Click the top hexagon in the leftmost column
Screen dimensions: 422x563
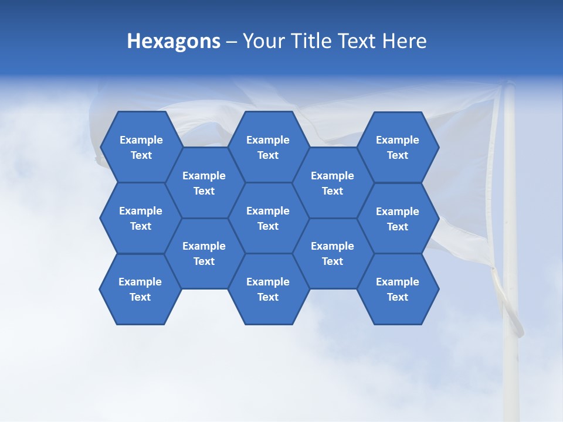[x=141, y=147]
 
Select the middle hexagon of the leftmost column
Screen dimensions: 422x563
[x=141, y=218]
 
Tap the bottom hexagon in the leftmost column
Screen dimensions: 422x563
[x=140, y=289]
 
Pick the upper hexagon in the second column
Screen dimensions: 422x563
[x=204, y=183]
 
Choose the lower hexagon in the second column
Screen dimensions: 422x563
[x=204, y=253]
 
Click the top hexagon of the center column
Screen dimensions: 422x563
[x=268, y=147]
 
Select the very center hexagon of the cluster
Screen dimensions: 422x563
[x=268, y=218]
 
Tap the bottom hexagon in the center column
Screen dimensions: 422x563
[x=268, y=289]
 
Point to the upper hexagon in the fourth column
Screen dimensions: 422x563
[x=333, y=183]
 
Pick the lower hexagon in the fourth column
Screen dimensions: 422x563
[x=333, y=253]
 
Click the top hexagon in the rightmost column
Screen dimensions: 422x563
[x=398, y=147]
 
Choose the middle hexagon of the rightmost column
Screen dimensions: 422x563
[x=398, y=219]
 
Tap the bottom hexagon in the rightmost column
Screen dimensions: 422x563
[x=398, y=289]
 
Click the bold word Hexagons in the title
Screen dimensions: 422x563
[x=174, y=42]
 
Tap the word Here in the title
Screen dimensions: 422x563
[x=405, y=41]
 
